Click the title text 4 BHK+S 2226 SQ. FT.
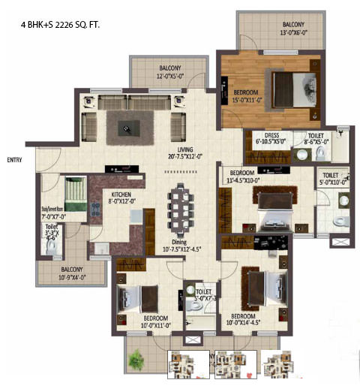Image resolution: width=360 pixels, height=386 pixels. tap(61, 26)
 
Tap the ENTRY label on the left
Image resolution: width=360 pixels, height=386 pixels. tap(14, 160)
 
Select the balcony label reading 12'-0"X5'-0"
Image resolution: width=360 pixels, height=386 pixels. tap(160, 73)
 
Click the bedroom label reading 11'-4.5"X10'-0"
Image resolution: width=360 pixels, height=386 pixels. tap(243, 176)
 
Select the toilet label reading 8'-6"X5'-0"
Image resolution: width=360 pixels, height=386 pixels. tap(315, 139)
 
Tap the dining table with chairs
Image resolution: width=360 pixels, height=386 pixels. tap(181, 208)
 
